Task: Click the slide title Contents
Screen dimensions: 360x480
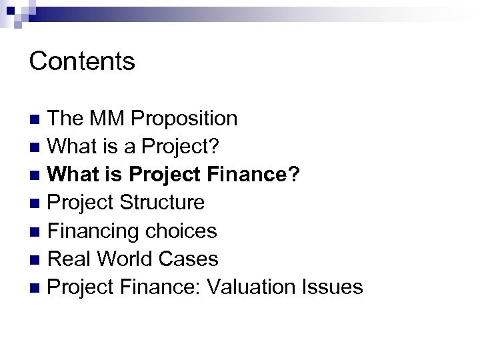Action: point(83,61)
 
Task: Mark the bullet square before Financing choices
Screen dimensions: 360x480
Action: point(35,233)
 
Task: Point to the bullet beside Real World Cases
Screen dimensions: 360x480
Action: point(35,261)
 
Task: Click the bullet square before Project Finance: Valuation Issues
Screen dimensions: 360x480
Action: point(35,289)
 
